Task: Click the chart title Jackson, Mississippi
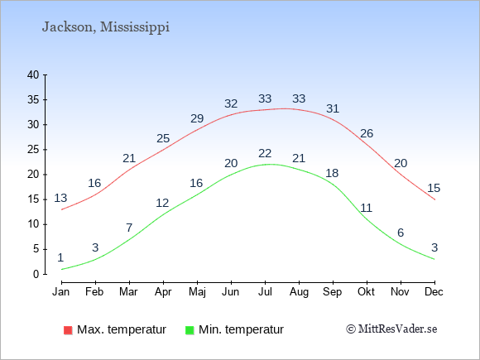[106, 27]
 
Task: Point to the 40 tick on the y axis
[33, 74]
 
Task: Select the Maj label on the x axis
[197, 292]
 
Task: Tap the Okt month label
[366, 291]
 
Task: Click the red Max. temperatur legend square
[68, 330]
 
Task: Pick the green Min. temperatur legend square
[190, 330]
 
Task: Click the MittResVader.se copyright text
[391, 329]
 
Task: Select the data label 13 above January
[60, 198]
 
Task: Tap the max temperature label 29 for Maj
[197, 118]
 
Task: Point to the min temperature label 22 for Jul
[265, 153]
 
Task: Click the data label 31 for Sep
[333, 108]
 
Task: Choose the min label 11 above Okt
[366, 208]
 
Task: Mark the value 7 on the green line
[129, 228]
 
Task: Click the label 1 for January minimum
[60, 257]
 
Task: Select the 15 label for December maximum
[434, 188]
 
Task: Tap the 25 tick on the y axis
[33, 150]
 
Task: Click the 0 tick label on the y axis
[36, 274]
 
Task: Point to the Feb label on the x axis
[94, 291]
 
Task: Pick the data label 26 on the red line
[367, 133]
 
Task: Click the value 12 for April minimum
[162, 203]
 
